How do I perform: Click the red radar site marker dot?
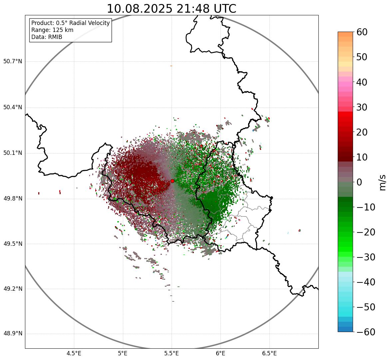172,181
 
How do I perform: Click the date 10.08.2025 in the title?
139,9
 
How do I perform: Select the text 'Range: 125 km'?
52,30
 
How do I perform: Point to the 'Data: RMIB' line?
47,37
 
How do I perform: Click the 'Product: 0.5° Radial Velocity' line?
70,23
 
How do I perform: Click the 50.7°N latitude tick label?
13,61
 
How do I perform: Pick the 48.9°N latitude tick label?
13,334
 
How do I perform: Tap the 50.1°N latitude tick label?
13,153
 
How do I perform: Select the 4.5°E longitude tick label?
74,353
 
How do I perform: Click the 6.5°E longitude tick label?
269,353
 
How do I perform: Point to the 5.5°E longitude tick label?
172,353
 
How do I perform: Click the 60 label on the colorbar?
362,32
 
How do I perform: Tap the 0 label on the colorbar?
359,182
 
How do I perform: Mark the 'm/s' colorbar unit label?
382,182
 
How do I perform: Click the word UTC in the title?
225,9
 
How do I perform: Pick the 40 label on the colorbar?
362,82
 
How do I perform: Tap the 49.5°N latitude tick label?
13,244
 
